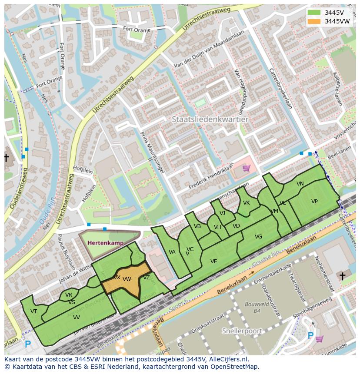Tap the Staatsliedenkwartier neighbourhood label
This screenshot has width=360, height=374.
click(210, 119)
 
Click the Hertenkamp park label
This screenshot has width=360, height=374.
click(105, 243)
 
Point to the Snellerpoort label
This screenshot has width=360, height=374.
click(242, 331)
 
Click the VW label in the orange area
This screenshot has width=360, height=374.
click(127, 279)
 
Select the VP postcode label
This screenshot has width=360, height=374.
click(314, 202)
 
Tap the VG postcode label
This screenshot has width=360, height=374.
click(258, 237)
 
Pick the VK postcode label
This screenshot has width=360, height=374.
click(247, 203)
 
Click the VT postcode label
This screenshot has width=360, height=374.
click(33, 311)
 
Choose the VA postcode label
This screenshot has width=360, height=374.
click(172, 252)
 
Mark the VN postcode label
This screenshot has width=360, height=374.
click(300, 184)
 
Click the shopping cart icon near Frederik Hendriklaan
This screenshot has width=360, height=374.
click(246, 168)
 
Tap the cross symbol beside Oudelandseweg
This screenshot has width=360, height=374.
click(7, 157)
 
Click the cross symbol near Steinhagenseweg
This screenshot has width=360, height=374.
click(342, 276)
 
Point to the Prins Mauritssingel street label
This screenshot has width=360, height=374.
click(152, 152)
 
